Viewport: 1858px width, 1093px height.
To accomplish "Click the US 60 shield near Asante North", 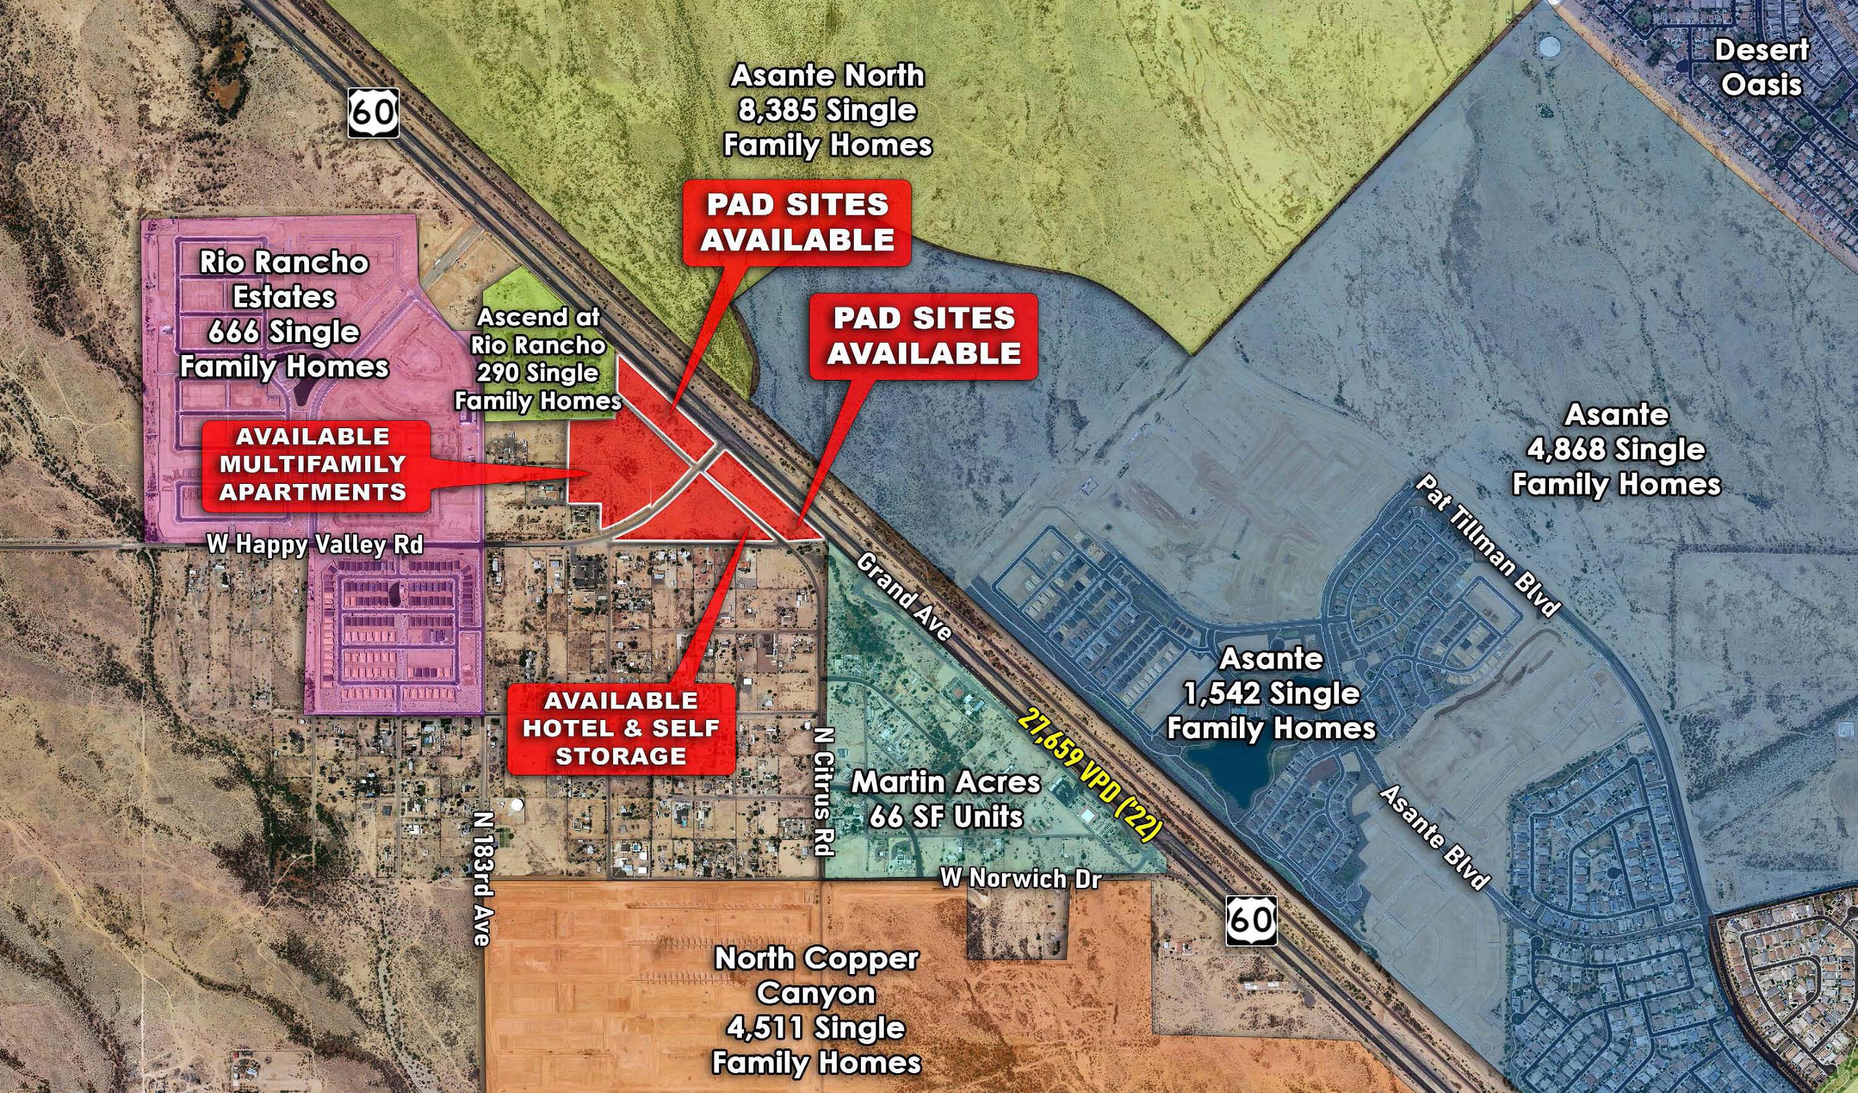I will (x=374, y=113).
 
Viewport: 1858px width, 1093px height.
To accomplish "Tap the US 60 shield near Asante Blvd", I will (x=1251, y=920).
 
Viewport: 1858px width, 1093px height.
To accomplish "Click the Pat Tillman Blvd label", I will (x=1487, y=555).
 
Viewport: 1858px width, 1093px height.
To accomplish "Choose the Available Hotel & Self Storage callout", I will (x=621, y=728).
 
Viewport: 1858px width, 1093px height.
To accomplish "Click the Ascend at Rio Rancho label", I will (x=538, y=359).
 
